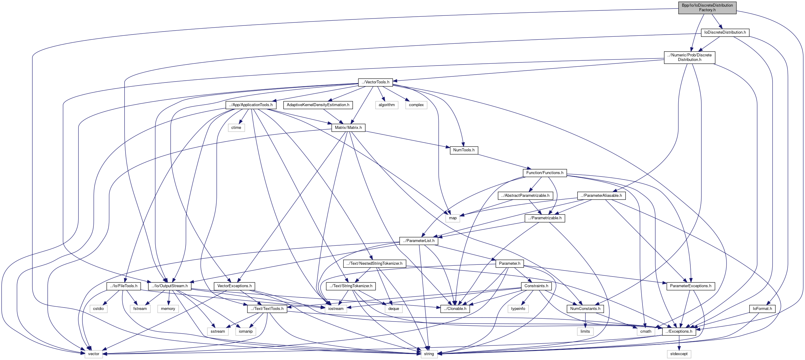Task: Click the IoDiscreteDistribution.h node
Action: [x=725, y=32]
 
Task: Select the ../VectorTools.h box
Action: [x=375, y=82]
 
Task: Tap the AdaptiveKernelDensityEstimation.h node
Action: [x=318, y=105]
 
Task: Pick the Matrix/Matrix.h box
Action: [x=348, y=127]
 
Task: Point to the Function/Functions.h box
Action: [x=544, y=173]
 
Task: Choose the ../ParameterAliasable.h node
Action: [x=601, y=196]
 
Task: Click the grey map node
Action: [x=452, y=218]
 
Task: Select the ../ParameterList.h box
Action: [x=418, y=241]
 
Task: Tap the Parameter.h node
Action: [x=509, y=264]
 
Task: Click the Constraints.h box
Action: [x=536, y=286]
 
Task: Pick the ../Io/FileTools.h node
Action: [x=123, y=286]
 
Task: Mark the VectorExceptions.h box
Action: [x=234, y=286]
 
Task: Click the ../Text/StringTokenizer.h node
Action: [x=351, y=286]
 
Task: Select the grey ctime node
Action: [x=236, y=127]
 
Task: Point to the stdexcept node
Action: [x=679, y=354]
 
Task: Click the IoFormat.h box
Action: [x=762, y=309]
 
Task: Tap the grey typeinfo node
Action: [x=518, y=309]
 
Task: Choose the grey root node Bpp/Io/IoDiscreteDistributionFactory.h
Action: [x=707, y=8]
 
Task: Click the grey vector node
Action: [x=93, y=354]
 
